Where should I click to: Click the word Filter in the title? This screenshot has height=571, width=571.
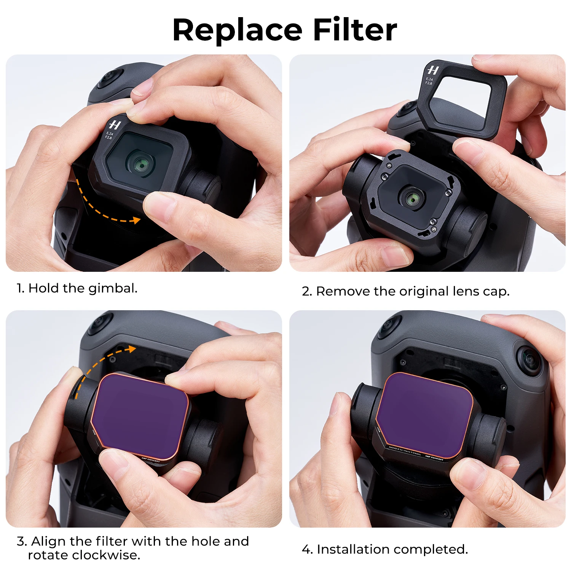click(x=355, y=30)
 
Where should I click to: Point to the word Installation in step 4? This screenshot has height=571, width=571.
click(x=354, y=549)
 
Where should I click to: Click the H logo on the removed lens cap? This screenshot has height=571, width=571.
click(x=433, y=70)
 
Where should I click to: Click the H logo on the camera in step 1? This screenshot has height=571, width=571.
click(x=115, y=124)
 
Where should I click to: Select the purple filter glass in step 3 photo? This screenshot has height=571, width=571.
click(x=139, y=415)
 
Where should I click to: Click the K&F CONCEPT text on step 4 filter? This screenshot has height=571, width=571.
click(x=434, y=458)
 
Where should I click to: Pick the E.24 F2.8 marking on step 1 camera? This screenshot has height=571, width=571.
click(x=109, y=135)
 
